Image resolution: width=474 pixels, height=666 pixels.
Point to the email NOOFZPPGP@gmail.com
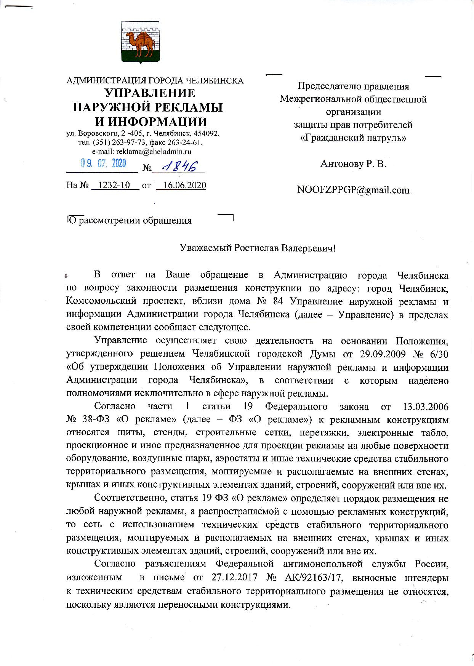(x=353, y=190)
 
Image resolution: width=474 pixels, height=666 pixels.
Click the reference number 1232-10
(x=114, y=186)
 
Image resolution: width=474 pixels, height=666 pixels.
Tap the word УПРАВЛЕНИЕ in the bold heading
(x=150, y=93)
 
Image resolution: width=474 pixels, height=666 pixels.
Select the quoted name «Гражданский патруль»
(x=353, y=138)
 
